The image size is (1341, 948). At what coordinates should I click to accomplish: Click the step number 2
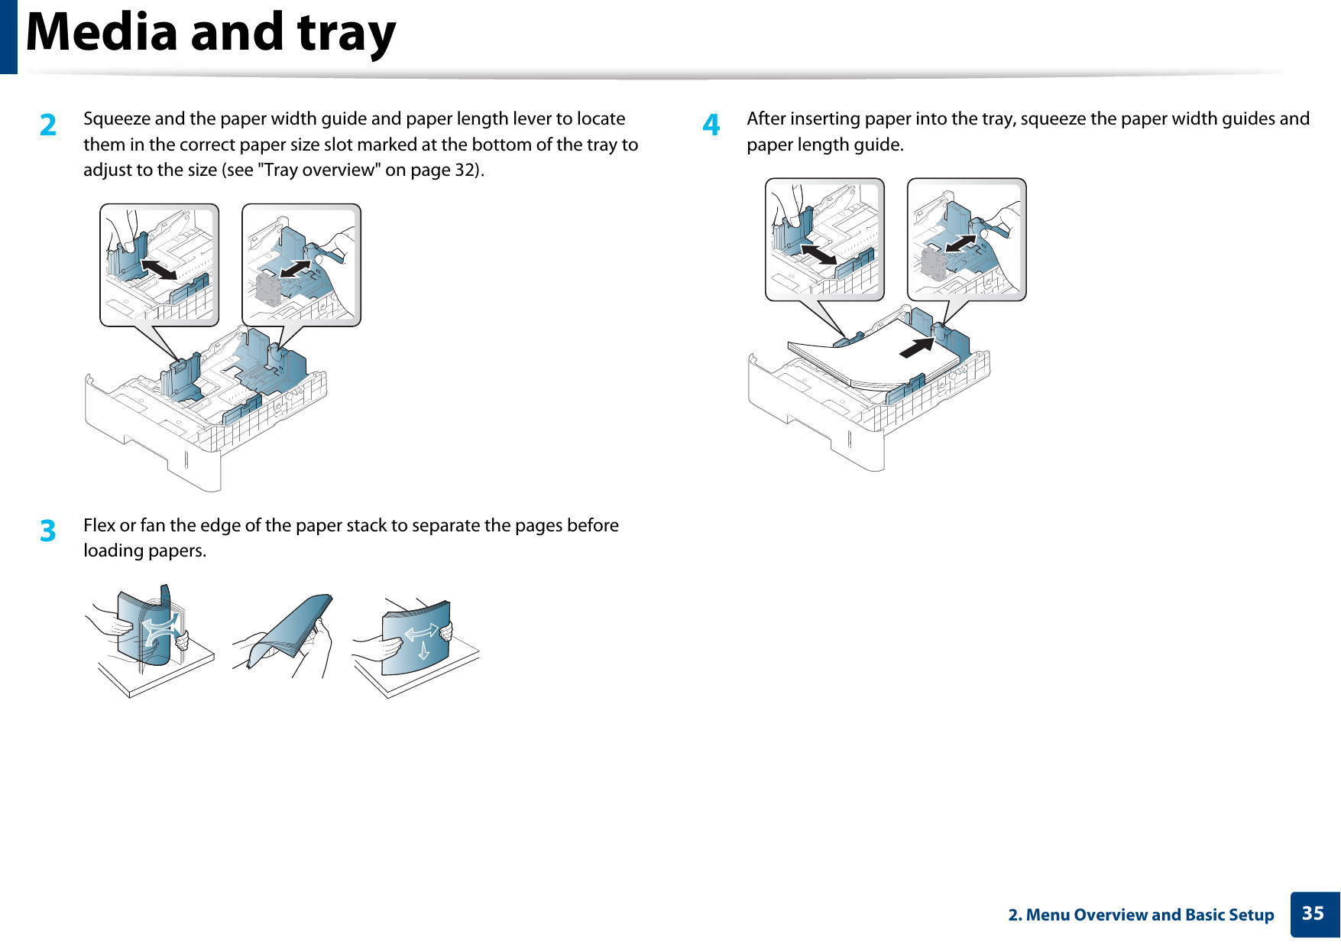tap(48, 125)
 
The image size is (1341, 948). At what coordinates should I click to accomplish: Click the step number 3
tap(48, 531)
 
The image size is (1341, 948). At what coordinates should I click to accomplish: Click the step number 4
tap(711, 125)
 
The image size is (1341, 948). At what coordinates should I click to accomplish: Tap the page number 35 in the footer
tap(1313, 914)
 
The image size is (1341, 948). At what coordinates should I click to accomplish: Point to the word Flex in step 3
tap(99, 525)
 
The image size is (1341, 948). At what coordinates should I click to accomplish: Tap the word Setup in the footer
tap(1250, 916)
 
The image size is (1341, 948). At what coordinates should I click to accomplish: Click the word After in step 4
tap(766, 118)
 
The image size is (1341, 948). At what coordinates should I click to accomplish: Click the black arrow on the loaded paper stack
tap(916, 347)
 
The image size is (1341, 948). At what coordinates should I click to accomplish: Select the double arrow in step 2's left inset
tap(160, 270)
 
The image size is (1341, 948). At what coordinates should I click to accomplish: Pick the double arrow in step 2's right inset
tap(296, 269)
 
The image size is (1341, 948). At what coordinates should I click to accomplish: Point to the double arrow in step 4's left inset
tap(819, 254)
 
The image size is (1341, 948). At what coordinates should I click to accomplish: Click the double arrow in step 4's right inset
tap(960, 243)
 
